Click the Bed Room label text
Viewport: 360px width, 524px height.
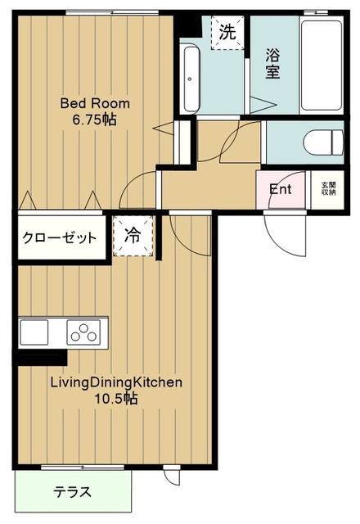pos(95,103)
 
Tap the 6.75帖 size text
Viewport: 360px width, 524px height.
pos(95,119)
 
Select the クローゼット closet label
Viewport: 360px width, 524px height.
pos(60,238)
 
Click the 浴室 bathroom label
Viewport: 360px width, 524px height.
pos(272,64)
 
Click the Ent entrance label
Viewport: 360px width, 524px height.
pos(281,190)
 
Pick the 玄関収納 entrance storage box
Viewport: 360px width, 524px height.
pos(327,189)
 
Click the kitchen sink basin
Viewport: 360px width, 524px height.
pos(34,332)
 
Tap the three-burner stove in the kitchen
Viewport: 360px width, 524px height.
pos(83,332)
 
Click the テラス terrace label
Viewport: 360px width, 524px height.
pos(73,492)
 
